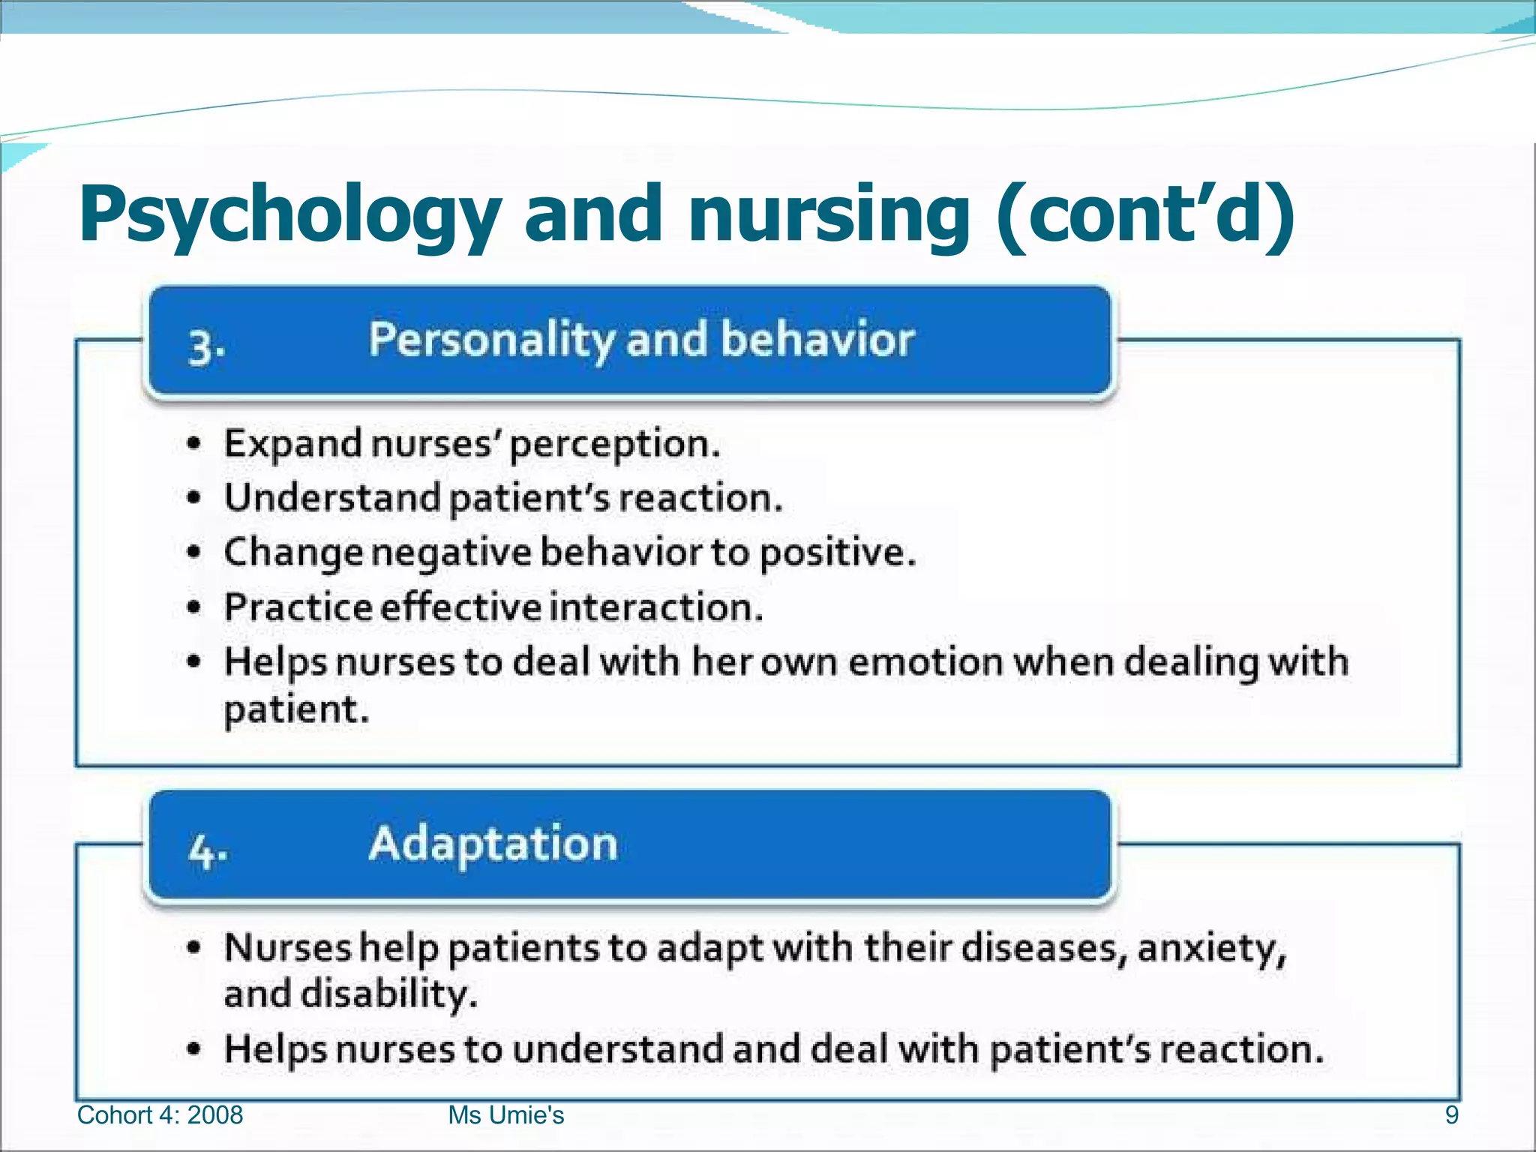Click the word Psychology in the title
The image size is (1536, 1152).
289,216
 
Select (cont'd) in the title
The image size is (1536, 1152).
1145,214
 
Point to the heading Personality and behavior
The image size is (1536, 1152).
641,340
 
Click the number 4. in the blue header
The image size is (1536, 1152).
208,852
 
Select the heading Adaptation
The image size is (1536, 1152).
493,844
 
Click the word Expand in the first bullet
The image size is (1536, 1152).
293,444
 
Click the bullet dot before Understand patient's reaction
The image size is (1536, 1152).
194,499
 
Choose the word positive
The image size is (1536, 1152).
837,553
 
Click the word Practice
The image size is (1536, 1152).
298,607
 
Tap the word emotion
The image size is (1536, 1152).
926,663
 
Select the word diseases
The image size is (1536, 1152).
1044,948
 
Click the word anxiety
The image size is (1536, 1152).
1212,949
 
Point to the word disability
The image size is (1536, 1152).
388,995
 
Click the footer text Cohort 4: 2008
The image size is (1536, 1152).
160,1115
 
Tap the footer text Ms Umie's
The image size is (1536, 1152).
505,1115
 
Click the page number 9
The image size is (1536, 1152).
1451,1115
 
